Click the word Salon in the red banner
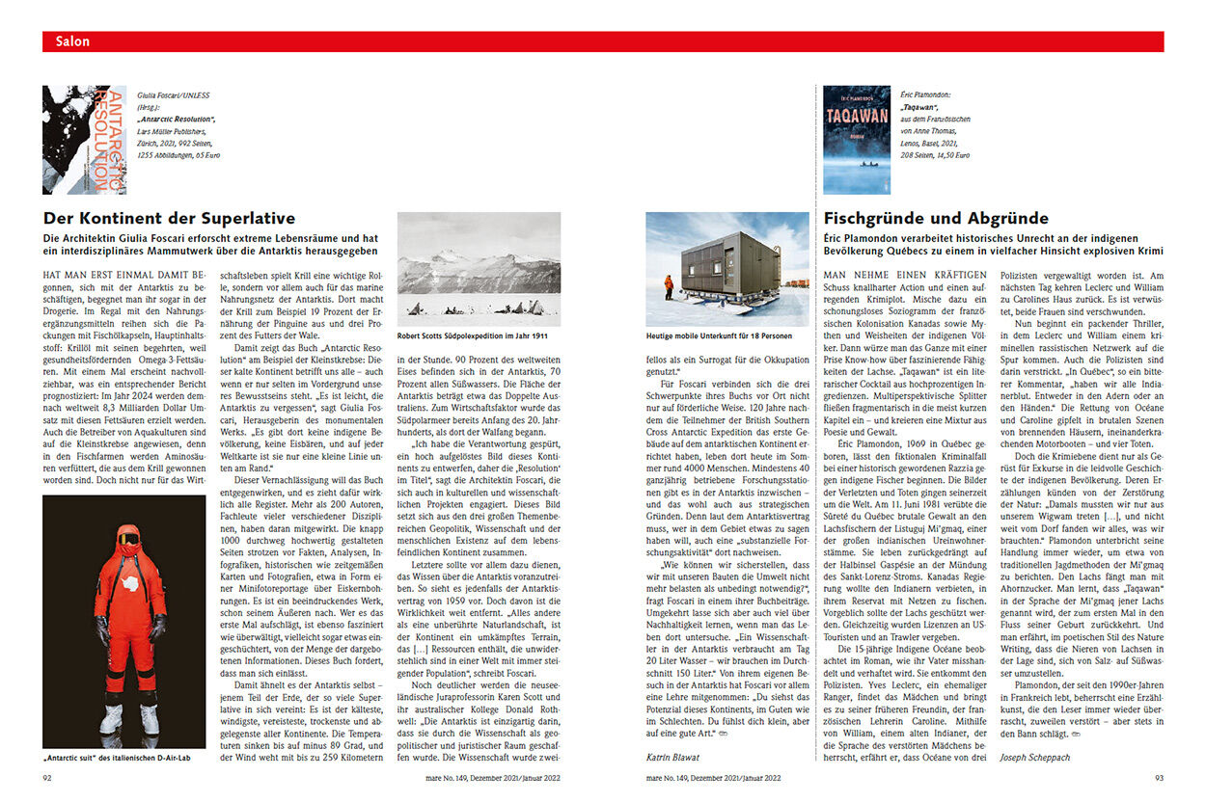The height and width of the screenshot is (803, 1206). [72, 41]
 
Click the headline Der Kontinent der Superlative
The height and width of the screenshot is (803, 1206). [169, 219]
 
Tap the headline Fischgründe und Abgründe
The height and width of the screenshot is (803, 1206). [936, 219]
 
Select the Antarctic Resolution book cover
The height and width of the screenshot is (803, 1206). [84, 140]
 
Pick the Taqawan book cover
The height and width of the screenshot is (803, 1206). [857, 140]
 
